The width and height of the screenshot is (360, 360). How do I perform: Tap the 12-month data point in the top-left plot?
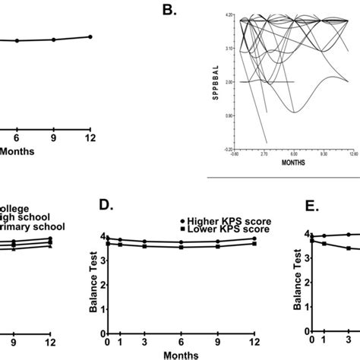pyautogui.click(x=90, y=36)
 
